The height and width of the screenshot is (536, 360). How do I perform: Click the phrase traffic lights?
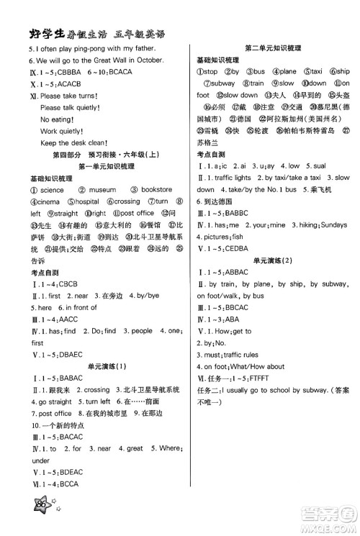pos(230,177)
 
